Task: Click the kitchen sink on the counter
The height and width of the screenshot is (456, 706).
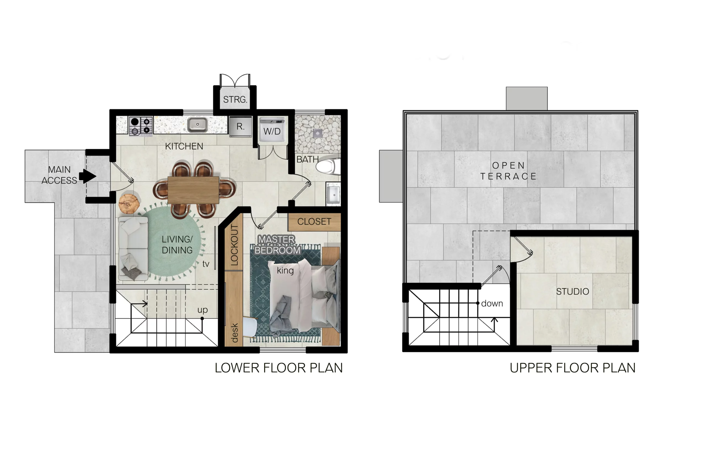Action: click(197, 125)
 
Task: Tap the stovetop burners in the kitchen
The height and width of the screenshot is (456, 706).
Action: click(141, 126)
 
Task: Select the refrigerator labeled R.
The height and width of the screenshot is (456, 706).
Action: click(240, 126)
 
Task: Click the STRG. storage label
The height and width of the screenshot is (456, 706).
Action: click(235, 99)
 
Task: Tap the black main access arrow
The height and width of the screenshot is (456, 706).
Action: click(87, 176)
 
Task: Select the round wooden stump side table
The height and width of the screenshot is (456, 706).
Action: click(129, 204)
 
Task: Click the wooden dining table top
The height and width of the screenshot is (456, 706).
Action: click(193, 190)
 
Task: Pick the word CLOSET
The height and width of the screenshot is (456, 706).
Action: click(314, 221)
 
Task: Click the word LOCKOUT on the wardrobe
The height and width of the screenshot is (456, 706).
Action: click(234, 245)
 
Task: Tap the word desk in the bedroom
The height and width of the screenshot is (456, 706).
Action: click(234, 333)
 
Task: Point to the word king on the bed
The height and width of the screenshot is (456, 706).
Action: click(285, 271)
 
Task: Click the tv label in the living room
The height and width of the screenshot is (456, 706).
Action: click(206, 264)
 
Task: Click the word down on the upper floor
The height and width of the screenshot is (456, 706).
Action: click(492, 303)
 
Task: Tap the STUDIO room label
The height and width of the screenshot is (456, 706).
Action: click(573, 292)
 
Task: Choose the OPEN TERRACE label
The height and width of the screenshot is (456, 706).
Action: click(509, 171)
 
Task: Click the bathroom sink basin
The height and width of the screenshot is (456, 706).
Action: click(334, 194)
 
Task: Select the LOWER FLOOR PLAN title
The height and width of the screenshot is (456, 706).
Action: click(279, 368)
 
